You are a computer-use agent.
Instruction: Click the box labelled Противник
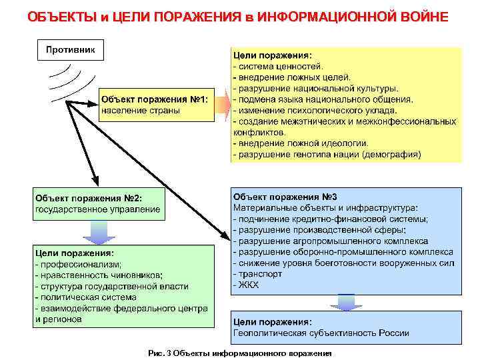tap(69, 49)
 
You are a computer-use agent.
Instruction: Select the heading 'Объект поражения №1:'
tap(155, 99)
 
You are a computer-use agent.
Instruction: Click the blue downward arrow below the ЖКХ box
tap(346, 303)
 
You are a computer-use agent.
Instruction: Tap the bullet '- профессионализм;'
tap(73, 264)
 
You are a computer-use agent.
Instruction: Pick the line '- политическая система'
tap(84, 297)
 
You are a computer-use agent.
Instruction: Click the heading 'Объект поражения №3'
tap(285, 197)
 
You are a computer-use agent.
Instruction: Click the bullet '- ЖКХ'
tap(246, 285)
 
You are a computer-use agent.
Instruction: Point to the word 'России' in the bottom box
tap(382, 333)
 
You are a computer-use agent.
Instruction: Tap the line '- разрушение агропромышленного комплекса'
tap(331, 241)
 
